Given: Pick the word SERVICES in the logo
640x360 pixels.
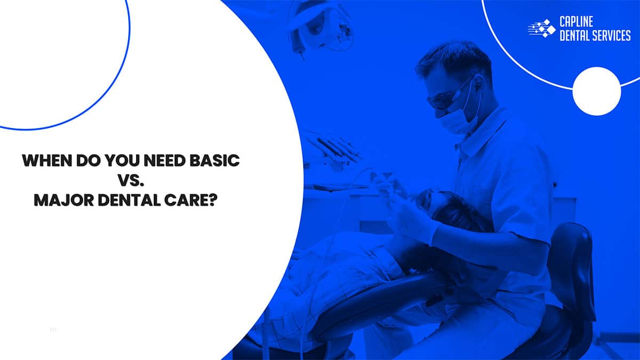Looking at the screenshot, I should (608, 35).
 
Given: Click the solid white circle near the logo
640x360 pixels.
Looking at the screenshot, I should (596, 91).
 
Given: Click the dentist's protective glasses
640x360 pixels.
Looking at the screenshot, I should (445, 99).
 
